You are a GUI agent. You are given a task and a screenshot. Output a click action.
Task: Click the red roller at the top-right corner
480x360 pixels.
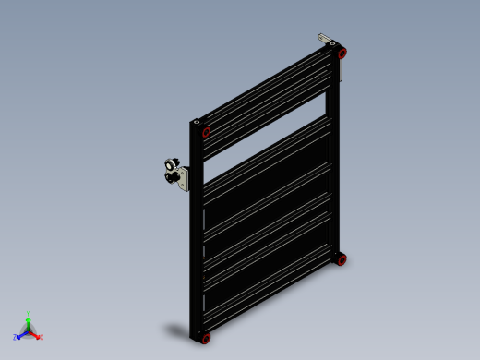342,54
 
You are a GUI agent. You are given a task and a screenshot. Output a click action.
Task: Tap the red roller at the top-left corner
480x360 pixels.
206,131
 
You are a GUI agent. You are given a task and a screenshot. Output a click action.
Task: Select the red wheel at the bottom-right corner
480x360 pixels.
342,260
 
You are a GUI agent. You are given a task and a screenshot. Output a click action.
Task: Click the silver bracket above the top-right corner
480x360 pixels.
326,40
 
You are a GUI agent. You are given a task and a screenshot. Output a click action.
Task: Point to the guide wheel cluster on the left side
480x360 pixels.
171,173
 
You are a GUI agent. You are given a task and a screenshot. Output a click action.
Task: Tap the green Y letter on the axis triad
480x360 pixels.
29,313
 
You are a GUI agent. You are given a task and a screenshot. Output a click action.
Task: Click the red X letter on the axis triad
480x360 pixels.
42,337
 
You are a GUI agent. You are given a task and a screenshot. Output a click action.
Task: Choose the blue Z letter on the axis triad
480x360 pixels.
15,337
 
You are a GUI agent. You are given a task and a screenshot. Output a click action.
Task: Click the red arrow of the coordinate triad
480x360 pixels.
35,334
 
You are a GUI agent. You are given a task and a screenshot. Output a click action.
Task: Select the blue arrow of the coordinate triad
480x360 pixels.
21,334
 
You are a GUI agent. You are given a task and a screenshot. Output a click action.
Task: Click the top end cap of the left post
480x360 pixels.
197,120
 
